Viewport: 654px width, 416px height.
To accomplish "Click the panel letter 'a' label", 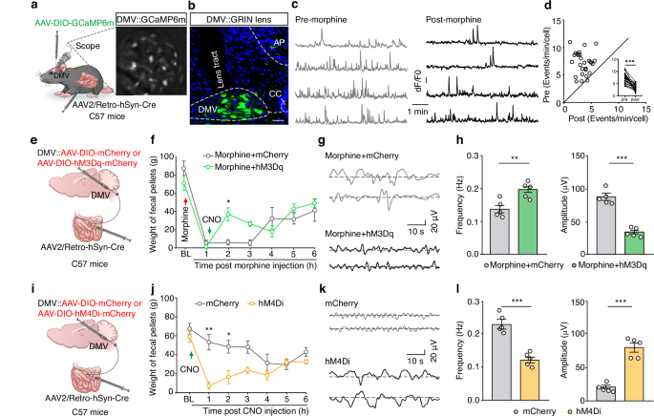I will (9, 8).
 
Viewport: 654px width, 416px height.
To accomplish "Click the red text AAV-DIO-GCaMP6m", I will (53, 22).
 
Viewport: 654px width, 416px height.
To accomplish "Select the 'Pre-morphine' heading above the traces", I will (326, 20).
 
